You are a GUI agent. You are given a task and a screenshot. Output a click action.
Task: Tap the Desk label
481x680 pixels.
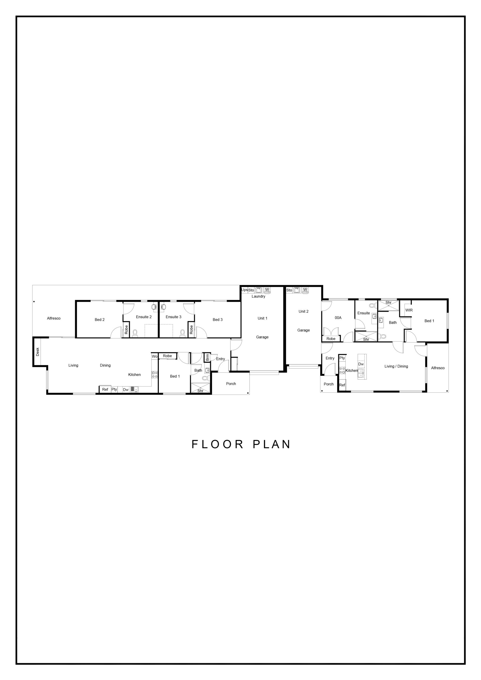(37, 352)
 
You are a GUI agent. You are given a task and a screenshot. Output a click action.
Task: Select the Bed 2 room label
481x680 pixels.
(100, 320)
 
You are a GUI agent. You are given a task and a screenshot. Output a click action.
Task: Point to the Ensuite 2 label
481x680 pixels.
(144, 317)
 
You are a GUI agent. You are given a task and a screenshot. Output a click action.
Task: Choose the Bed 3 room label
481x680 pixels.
(218, 320)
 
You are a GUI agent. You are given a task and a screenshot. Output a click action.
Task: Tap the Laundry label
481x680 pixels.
(258, 296)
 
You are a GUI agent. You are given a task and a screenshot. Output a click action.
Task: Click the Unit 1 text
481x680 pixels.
(262, 318)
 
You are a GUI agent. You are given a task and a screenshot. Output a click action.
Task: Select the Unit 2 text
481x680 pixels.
(303, 311)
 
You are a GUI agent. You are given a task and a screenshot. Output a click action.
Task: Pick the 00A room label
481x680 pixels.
(338, 318)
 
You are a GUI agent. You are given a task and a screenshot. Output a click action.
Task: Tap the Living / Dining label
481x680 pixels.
(396, 366)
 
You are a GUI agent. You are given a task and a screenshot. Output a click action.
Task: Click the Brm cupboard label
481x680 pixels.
(208, 358)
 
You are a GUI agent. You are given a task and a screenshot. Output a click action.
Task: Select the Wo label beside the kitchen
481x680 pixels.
(155, 356)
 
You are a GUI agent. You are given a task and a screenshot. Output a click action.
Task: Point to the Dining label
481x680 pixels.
(105, 365)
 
